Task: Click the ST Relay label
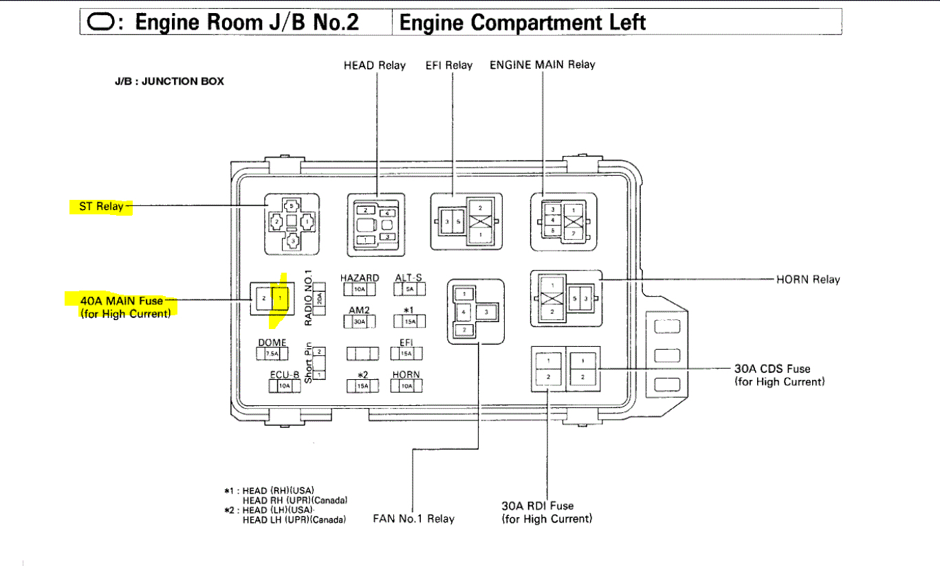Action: (101, 206)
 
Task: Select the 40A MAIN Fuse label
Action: (122, 301)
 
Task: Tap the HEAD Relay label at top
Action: (374, 66)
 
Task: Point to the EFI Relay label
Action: (449, 66)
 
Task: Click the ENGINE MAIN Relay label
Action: (542, 65)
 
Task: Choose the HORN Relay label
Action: (808, 280)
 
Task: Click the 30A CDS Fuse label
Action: (772, 369)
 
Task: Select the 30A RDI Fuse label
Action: (537, 506)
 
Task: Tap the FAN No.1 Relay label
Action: (413, 519)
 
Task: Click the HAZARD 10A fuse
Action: (359, 290)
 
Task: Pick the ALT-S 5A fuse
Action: (410, 290)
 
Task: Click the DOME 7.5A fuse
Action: (272, 354)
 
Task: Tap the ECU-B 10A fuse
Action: (285, 386)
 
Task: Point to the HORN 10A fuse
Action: (406, 386)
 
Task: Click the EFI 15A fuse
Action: (406, 353)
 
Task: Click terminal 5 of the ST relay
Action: (292, 206)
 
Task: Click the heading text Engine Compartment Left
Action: (522, 23)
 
